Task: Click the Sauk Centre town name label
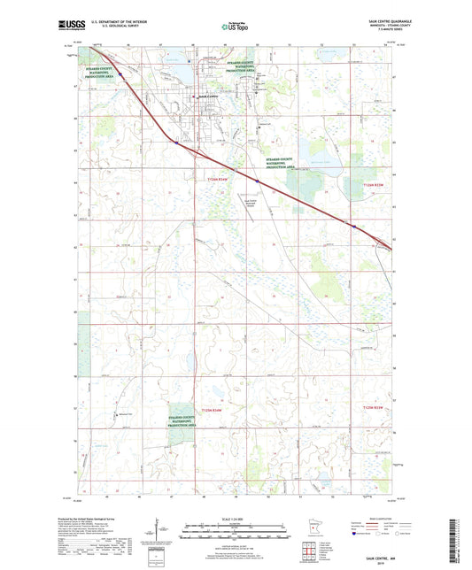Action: click(x=207, y=96)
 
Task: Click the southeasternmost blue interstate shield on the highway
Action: click(x=354, y=227)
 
